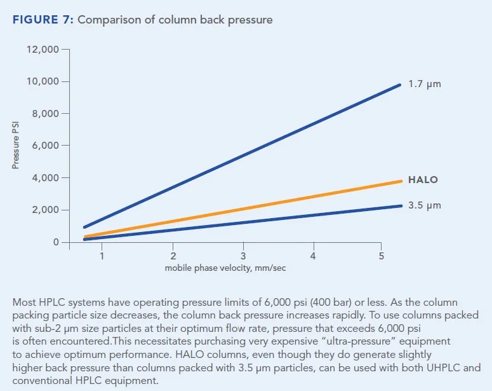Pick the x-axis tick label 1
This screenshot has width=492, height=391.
pyautogui.click(x=102, y=256)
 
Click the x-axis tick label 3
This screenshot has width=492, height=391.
pyautogui.click(x=243, y=256)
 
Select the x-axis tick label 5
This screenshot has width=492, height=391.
pyautogui.click(x=381, y=256)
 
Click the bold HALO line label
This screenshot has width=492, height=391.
pyautogui.click(x=423, y=180)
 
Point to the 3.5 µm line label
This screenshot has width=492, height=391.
pyautogui.click(x=425, y=205)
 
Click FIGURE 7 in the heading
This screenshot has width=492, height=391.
pyautogui.click(x=43, y=20)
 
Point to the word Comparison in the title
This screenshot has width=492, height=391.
pyautogui.click(x=112, y=20)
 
